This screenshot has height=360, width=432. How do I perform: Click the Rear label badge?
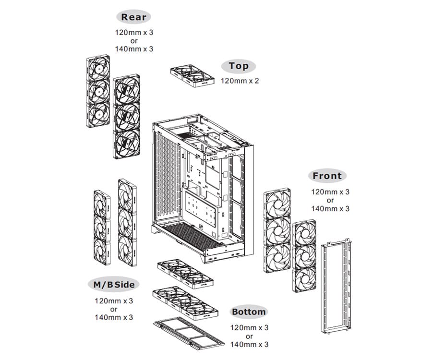(x=133, y=17)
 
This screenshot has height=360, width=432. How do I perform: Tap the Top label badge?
(x=239, y=66)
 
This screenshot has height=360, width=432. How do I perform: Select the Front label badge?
(x=327, y=176)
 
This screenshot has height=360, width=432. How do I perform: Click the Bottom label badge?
(x=249, y=312)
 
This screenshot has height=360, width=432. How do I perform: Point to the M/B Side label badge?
(x=114, y=284)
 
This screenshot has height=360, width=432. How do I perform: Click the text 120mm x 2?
(x=240, y=81)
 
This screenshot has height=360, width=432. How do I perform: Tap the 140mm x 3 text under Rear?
(x=134, y=48)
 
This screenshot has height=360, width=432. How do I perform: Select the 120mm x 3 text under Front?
(x=330, y=192)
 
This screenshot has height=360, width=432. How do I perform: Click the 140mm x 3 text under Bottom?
(x=249, y=344)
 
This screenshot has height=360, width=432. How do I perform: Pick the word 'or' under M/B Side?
(x=114, y=309)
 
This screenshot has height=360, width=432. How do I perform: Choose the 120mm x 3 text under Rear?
(x=134, y=32)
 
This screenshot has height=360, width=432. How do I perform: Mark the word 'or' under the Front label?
(x=330, y=200)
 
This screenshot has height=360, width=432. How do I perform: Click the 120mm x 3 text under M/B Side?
(x=114, y=301)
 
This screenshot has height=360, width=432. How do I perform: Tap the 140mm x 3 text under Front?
(x=330, y=208)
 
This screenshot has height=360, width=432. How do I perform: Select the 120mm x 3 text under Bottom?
(x=249, y=328)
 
